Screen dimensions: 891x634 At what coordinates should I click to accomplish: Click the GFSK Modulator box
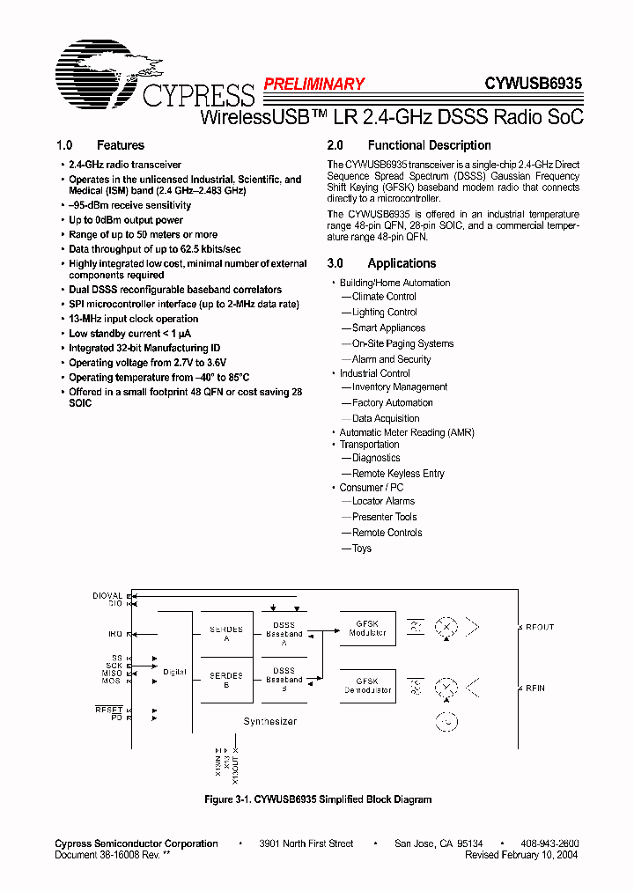click(367, 628)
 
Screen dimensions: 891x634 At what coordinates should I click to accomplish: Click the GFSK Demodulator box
click(367, 686)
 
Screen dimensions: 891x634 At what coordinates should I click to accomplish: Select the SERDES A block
click(226, 634)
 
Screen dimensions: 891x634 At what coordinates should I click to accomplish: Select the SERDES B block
click(226, 681)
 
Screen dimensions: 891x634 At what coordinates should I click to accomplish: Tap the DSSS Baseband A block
click(284, 634)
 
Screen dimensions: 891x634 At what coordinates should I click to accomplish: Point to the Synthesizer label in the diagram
click(269, 721)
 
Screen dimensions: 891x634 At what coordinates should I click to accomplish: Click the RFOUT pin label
click(540, 627)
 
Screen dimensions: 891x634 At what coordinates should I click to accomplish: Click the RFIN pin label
click(535, 688)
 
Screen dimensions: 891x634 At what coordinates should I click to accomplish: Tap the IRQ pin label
click(115, 634)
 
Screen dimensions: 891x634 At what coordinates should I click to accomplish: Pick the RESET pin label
click(109, 710)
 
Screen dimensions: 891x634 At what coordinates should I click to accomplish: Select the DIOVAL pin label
click(107, 596)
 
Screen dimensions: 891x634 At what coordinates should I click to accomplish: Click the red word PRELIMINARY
click(314, 85)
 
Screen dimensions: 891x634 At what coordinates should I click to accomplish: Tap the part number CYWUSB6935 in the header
click(533, 85)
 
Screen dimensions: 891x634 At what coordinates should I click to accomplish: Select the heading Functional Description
click(429, 145)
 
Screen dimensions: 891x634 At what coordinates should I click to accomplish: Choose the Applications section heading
click(402, 263)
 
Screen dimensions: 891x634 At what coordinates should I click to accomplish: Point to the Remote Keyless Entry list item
click(398, 474)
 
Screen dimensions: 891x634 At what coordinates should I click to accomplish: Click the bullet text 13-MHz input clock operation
click(134, 319)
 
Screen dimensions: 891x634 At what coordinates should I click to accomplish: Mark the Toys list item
click(362, 549)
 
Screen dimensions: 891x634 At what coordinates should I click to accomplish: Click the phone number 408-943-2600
click(549, 843)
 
